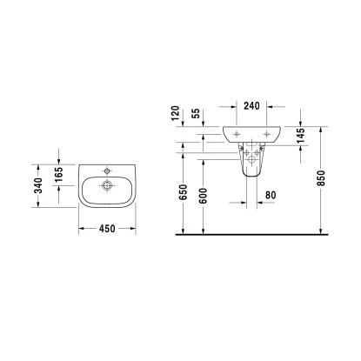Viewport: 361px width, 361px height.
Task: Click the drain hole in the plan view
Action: coord(108,184)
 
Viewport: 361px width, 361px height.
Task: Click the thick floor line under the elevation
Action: coord(252,235)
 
